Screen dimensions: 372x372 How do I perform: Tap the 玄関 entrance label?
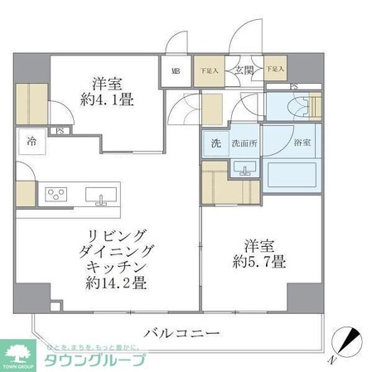244,71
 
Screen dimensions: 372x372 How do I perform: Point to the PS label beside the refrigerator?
60,129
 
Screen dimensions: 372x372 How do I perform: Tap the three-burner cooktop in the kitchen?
57,196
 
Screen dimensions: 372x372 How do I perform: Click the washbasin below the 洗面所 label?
244,169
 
